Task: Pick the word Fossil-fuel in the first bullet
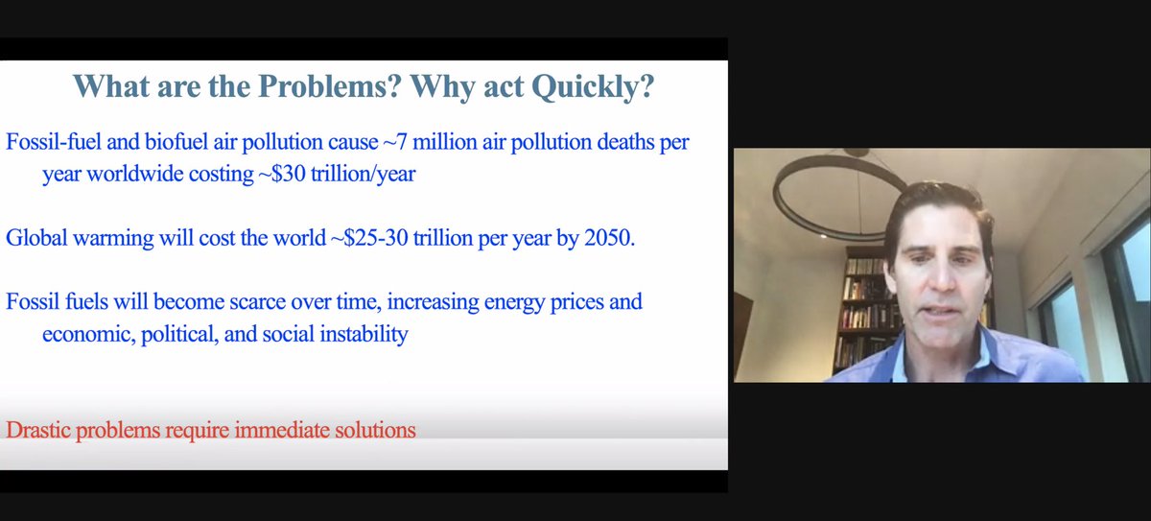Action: coord(50,142)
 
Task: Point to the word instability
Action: coord(357,335)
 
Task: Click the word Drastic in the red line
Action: coord(36,430)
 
